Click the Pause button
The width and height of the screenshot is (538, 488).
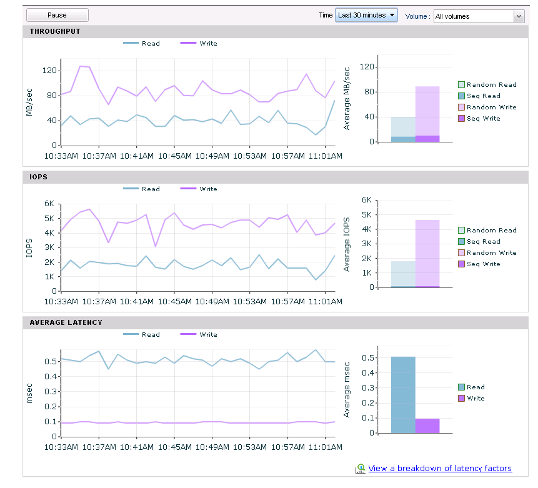pos(57,15)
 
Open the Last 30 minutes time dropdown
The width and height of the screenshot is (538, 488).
pos(366,15)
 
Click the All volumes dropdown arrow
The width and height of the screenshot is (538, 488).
pos(519,16)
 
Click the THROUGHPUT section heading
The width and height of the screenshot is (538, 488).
pos(55,31)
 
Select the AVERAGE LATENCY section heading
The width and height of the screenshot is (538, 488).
pos(66,322)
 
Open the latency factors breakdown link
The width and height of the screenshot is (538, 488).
pos(440,468)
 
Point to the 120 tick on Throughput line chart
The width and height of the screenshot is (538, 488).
pos(49,71)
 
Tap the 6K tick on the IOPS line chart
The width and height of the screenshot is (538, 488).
pos(49,204)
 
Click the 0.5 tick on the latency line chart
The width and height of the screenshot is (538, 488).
pos(51,361)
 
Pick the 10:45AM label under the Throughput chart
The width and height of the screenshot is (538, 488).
pos(174,156)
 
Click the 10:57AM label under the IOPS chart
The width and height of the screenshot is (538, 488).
pos(288,302)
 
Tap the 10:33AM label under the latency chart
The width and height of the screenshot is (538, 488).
pos(61,447)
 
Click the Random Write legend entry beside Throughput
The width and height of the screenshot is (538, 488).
pos(487,107)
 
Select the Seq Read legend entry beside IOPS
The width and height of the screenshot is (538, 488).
pos(479,242)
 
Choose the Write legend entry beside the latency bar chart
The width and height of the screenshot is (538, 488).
pos(472,399)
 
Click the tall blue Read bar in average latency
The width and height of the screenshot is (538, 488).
pos(403,395)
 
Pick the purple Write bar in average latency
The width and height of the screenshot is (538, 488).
pos(427,426)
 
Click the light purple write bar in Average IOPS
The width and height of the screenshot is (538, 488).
pos(427,253)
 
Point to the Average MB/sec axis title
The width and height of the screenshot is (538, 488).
pos(347,99)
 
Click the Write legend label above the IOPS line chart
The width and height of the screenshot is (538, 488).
pos(208,189)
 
